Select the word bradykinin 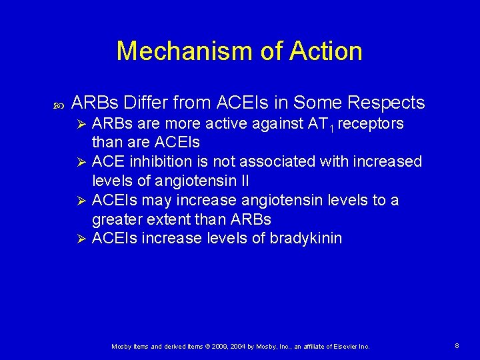305,238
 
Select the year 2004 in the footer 245,347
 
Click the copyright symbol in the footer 207,347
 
